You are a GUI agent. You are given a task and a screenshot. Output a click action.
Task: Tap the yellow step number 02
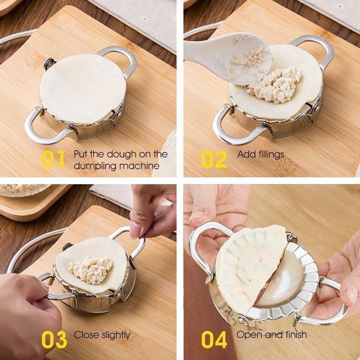point(214,158)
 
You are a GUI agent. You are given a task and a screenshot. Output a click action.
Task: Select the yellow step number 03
point(54,339)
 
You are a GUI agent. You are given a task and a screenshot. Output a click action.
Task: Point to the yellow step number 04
point(214,339)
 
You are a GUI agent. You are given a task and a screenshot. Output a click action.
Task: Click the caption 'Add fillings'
point(260,154)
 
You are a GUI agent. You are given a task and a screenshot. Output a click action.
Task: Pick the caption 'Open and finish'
point(271,335)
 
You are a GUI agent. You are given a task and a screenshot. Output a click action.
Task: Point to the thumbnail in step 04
point(196,214)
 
